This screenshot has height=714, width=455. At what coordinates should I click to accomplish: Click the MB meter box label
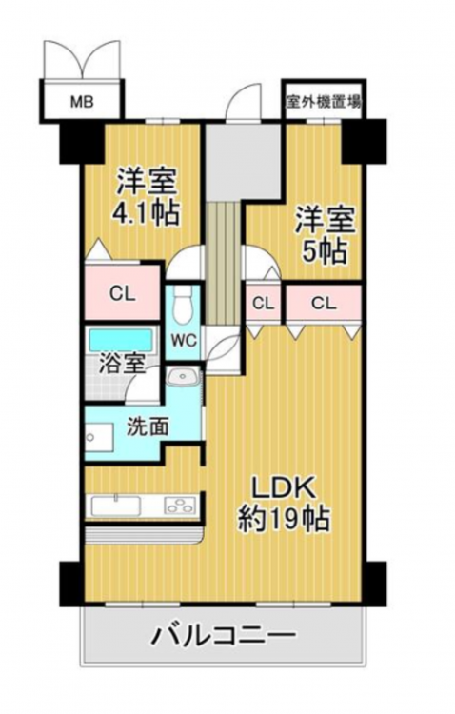pos(82,101)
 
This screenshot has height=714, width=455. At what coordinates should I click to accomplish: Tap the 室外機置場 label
pos(324,101)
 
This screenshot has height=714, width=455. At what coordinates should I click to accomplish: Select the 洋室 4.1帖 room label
pos(147,197)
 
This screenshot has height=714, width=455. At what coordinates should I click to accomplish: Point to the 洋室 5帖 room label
pos(326,235)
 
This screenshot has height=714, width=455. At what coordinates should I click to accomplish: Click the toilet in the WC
pos(183,304)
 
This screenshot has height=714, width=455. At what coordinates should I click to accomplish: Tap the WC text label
pos(184,340)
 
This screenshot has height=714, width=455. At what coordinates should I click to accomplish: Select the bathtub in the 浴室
pos(120,340)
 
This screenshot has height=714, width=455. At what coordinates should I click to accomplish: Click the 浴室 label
pos(123,365)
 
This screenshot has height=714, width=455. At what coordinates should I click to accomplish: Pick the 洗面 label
pos(148,426)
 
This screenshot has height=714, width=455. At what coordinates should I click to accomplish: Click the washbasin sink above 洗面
pos(183,377)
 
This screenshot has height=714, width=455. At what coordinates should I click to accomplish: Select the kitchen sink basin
pos(116,506)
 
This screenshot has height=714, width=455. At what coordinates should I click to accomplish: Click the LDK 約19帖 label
pos(284,504)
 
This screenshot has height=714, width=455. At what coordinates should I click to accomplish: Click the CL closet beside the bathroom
pos(122,292)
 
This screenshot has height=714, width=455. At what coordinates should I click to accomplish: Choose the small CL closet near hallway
pos(264,304)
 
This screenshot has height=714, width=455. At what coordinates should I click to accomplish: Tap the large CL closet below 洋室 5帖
pos(324,304)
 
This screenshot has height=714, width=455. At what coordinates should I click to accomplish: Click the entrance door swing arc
pos(244,96)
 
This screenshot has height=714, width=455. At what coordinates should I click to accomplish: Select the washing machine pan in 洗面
pos(99,437)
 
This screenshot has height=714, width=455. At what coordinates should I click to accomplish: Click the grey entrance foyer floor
pos(243,160)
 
